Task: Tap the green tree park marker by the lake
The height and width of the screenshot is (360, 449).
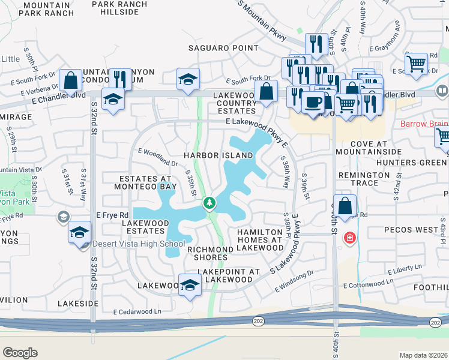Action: [x=209, y=203]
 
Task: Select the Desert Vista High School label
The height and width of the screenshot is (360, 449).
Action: [x=139, y=244]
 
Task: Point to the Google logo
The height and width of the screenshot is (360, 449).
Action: [x=20, y=353]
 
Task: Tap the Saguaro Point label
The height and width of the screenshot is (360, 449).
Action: [x=223, y=48]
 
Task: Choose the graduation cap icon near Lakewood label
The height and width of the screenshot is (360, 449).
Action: [x=190, y=287]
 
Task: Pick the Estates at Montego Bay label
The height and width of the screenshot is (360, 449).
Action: [x=148, y=183]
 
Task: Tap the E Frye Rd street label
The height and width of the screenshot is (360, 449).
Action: [x=112, y=215]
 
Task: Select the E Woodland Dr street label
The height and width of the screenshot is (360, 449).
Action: [x=158, y=157]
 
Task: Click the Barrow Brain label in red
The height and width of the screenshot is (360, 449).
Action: [x=424, y=124]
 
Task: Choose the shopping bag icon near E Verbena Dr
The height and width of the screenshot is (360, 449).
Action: [x=71, y=82]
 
